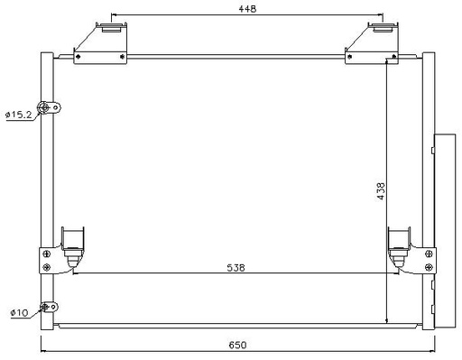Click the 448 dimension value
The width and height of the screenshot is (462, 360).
pyautogui.click(x=247, y=9)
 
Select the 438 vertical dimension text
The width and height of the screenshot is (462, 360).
pyautogui.click(x=381, y=191)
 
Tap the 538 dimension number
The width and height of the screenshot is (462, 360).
pyautogui.click(x=236, y=267)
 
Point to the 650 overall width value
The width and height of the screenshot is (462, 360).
pyautogui.click(x=237, y=345)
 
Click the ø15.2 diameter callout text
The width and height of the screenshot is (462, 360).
pyautogui.click(x=19, y=115)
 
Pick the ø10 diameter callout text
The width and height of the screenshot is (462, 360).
pyautogui.click(x=19, y=313)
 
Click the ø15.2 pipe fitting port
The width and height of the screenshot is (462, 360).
pyautogui.click(x=44, y=107)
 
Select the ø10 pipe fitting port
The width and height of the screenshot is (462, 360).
pyautogui.click(x=44, y=307)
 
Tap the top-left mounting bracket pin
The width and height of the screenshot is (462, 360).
pyautogui.click(x=111, y=27)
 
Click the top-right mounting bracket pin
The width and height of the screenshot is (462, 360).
pyautogui.click(x=383, y=27)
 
